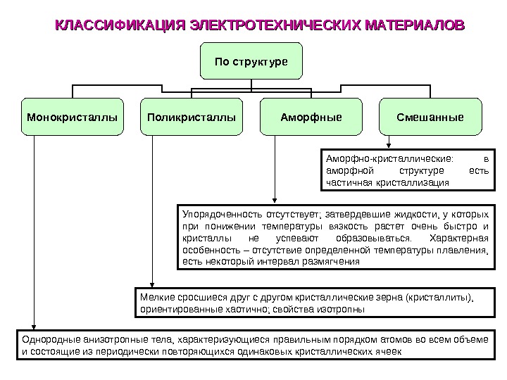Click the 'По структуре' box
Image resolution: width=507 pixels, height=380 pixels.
pyautogui.click(x=251, y=61)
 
